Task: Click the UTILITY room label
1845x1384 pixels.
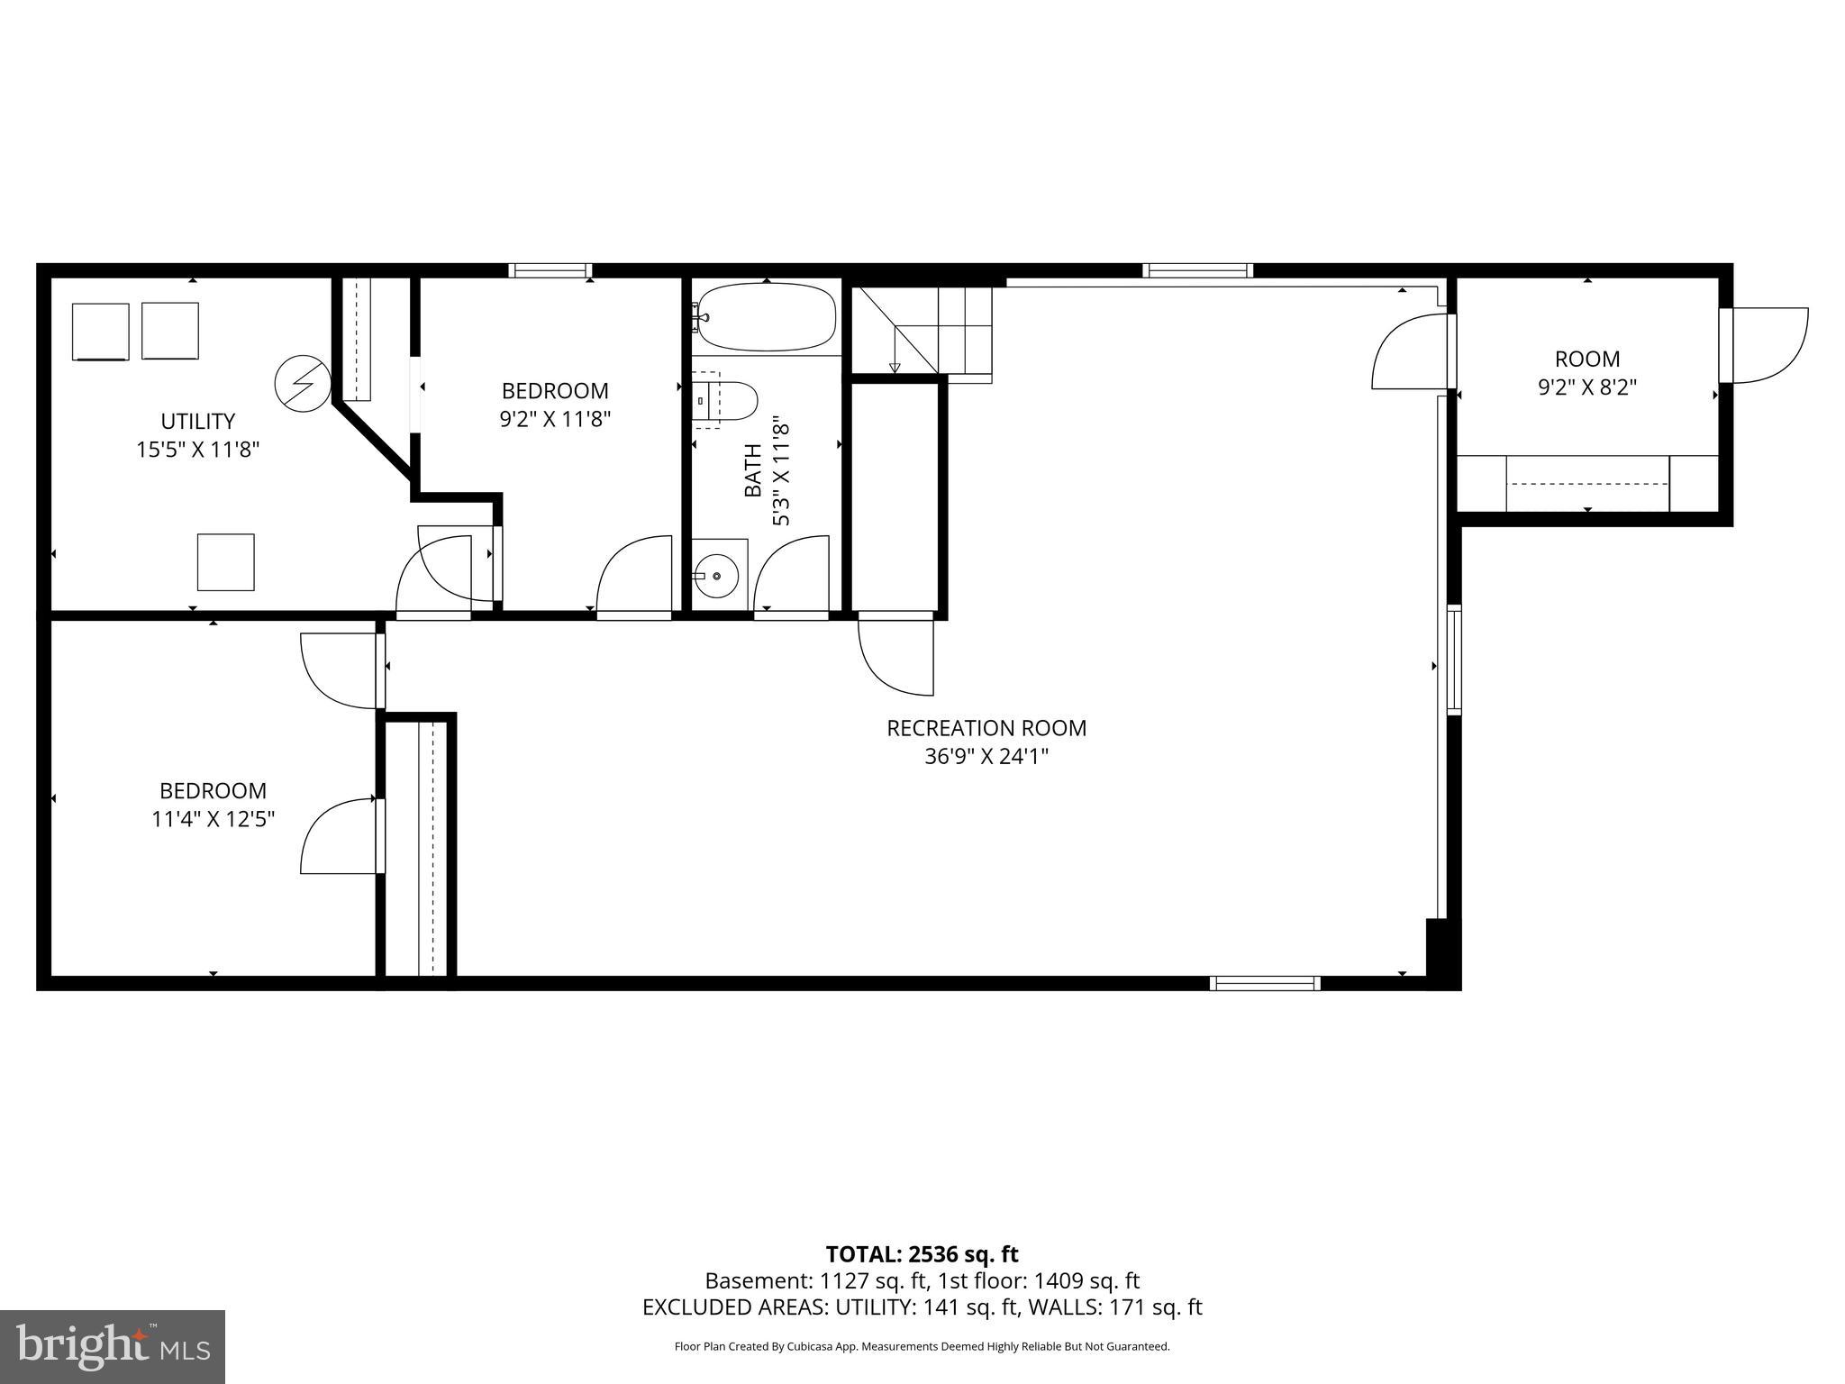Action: tap(198, 422)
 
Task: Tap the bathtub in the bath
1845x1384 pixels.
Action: tap(767, 317)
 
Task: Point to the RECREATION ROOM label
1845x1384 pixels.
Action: tap(986, 728)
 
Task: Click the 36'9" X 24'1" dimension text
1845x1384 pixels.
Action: tap(986, 757)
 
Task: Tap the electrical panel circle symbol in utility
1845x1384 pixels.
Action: tap(301, 385)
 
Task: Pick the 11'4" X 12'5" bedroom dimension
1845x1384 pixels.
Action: tap(213, 819)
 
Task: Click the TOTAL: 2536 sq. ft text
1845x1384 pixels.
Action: tap(922, 1254)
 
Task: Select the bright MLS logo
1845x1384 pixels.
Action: tap(113, 1347)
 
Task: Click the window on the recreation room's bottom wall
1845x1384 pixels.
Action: tap(1265, 983)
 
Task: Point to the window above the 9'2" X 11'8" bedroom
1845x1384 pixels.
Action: tap(550, 270)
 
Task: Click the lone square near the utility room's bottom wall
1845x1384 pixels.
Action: tap(225, 562)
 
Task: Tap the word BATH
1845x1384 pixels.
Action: tap(753, 470)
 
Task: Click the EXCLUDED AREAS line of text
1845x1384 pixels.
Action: tap(922, 1307)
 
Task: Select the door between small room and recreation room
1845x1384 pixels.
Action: tap(1410, 351)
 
